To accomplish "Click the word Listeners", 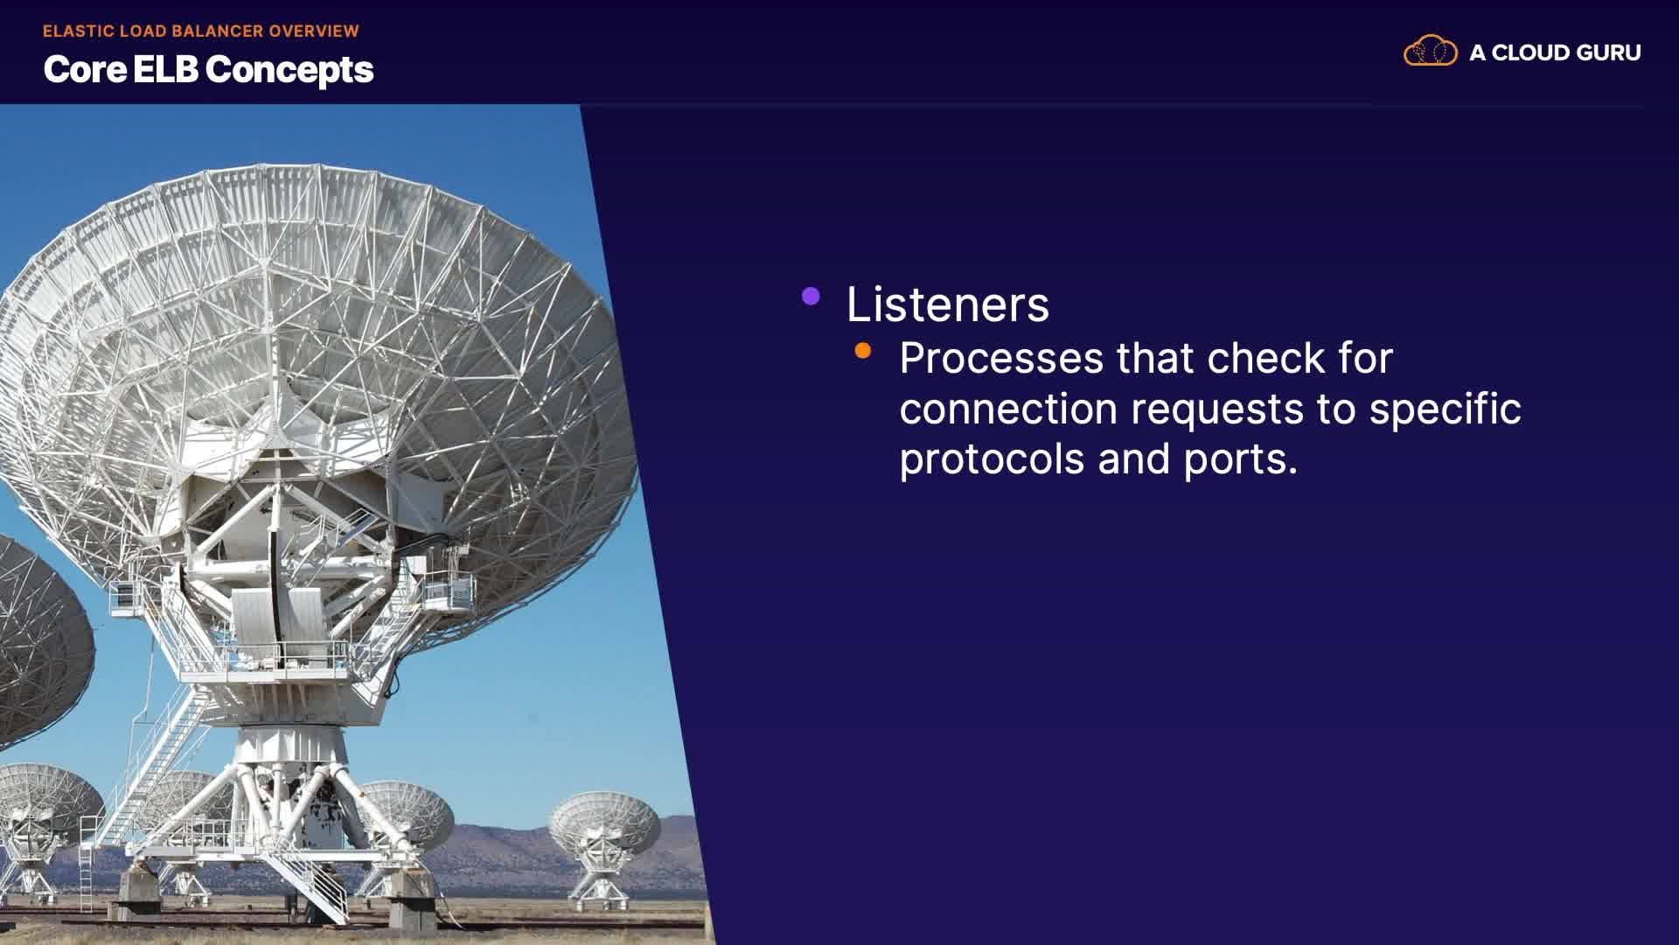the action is tap(947, 304).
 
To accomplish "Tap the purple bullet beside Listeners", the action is tap(811, 297).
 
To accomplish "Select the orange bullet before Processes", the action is tap(863, 351).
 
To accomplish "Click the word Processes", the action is tap(1001, 359).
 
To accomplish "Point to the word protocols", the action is tap(992, 459).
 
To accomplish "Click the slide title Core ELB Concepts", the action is tap(208, 70).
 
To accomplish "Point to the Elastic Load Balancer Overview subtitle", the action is tap(201, 31).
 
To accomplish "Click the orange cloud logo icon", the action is tap(1431, 51).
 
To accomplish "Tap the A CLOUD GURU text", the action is tap(1555, 52).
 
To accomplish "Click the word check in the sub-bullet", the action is tap(1266, 359).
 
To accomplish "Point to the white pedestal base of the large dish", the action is tap(293, 770).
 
